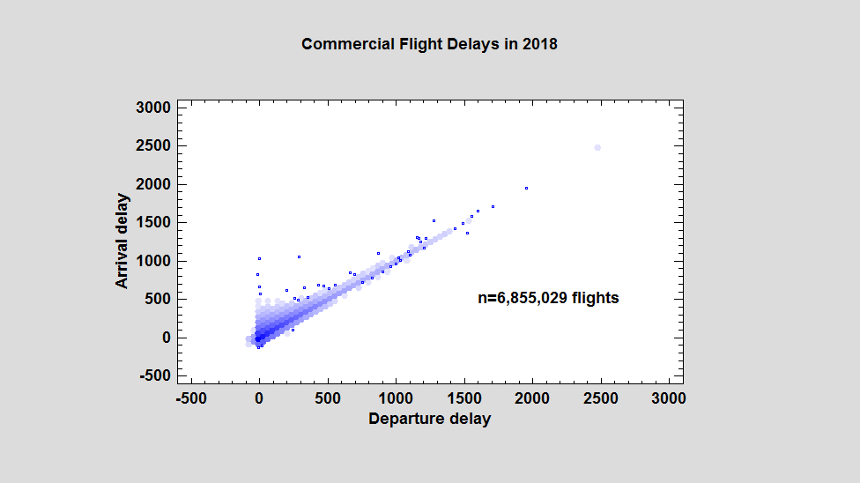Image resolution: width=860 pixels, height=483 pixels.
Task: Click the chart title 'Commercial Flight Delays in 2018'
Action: tap(429, 44)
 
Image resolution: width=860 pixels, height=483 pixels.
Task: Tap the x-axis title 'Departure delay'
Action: tap(429, 419)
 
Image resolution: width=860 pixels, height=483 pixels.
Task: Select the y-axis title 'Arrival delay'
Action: tap(122, 241)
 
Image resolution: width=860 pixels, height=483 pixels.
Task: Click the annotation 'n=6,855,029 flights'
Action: tap(548, 298)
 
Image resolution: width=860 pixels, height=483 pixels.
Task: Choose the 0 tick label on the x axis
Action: tap(259, 398)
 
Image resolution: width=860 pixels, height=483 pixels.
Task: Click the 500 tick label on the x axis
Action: tap(328, 398)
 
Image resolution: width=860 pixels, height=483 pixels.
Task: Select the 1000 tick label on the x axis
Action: tap(396, 398)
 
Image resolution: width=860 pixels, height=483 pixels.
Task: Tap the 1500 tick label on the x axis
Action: tap(464, 398)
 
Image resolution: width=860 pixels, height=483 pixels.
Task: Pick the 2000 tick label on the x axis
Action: tap(532, 398)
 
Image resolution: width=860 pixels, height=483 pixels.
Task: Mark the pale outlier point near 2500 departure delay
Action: tap(597, 147)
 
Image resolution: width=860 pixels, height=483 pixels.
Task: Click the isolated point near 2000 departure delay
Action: tap(526, 188)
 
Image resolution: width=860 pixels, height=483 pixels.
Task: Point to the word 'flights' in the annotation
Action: tap(595, 298)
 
